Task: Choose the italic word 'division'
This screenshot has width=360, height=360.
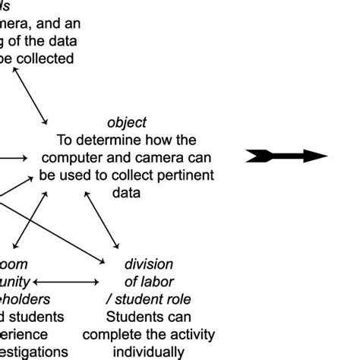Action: click(149, 264)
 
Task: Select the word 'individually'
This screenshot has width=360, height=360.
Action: click(148, 352)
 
